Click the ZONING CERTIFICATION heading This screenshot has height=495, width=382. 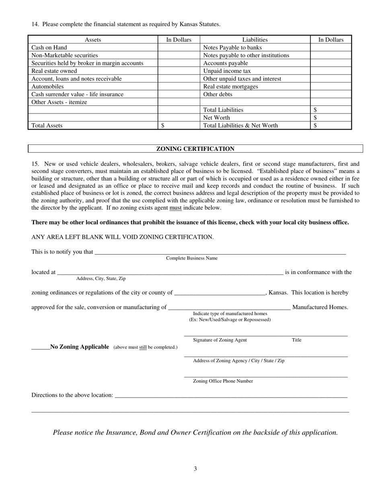[195, 149]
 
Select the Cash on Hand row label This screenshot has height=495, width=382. [49, 47]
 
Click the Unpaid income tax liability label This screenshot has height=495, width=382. [227, 71]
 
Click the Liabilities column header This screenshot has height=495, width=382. [255, 40]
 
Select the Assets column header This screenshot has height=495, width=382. [93, 40]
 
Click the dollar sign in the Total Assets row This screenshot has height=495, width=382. [162, 126]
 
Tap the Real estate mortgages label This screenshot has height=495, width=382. [230, 87]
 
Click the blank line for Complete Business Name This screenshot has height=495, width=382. [220, 252]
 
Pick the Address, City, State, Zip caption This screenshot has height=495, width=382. [101, 278]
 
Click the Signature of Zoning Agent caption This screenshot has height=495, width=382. [220, 340]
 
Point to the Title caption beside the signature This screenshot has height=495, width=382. [296, 340]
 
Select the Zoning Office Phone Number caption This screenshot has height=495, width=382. [223, 381]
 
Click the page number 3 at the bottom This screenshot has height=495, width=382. [195, 468]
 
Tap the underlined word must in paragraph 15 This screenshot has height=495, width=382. [175, 208]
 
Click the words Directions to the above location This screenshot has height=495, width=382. [72, 395]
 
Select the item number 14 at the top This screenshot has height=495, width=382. [35, 25]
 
